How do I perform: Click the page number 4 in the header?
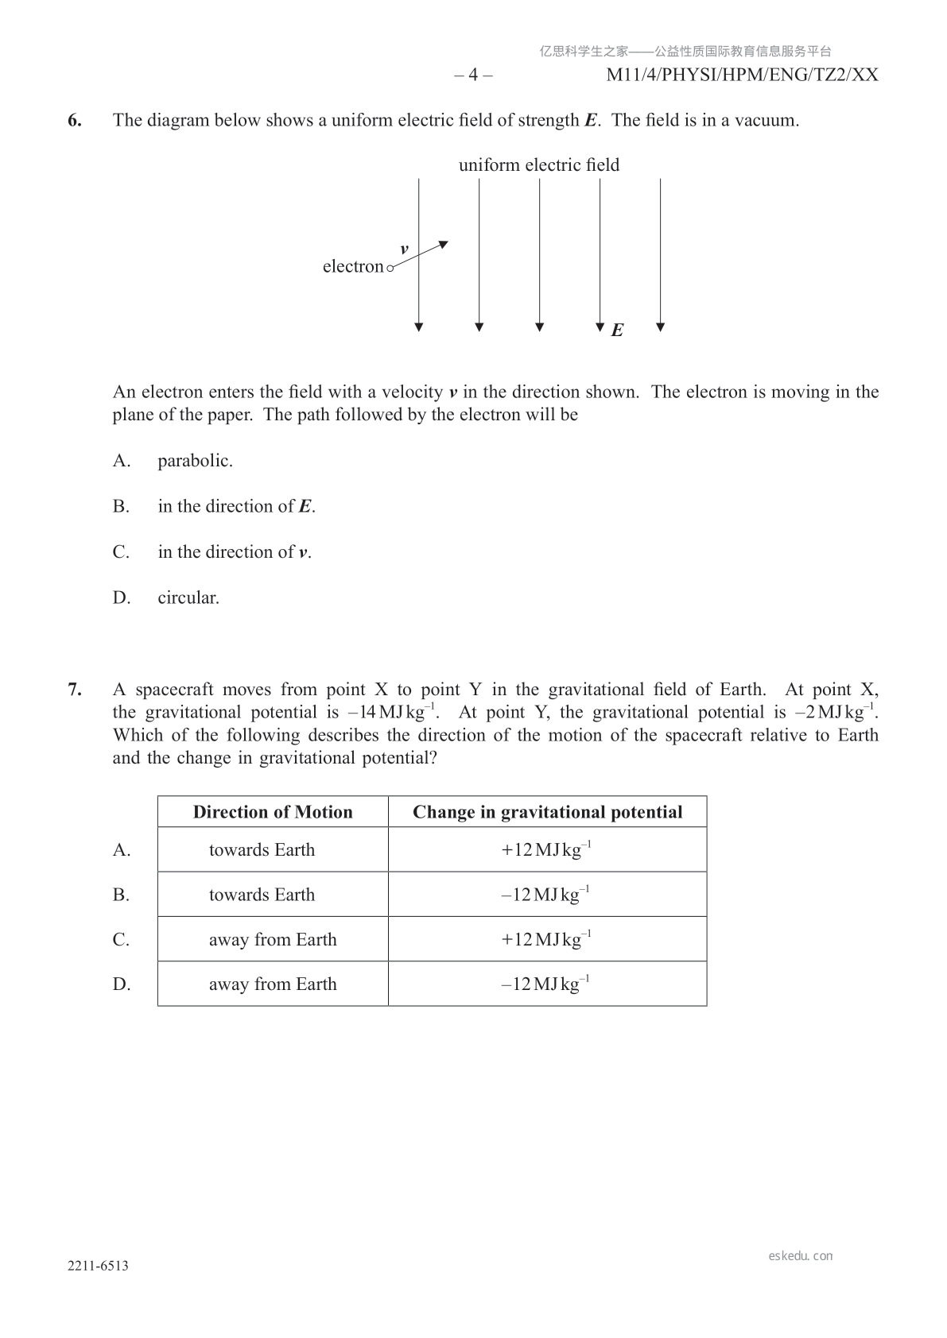click(x=473, y=75)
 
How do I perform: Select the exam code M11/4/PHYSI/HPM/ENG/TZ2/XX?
click(x=742, y=75)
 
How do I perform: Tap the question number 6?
click(x=75, y=121)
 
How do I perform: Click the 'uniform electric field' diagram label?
click(x=538, y=165)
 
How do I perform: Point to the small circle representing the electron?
click(x=390, y=269)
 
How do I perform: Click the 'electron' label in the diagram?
click(x=353, y=267)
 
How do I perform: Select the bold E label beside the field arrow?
click(x=617, y=331)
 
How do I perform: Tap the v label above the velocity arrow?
click(x=404, y=249)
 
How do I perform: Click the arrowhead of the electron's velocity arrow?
click(x=444, y=244)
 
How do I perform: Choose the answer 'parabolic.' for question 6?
click(x=195, y=461)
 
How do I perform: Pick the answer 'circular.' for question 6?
click(x=188, y=597)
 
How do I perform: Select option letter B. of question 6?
click(x=121, y=506)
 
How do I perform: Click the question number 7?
click(x=75, y=690)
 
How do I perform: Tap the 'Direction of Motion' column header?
click(x=273, y=812)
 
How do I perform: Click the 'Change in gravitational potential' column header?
click(x=547, y=812)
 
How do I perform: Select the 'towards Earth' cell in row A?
click(x=262, y=850)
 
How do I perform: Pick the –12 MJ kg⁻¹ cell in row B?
click(x=545, y=895)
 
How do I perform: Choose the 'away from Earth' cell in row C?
click(x=273, y=940)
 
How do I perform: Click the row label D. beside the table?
click(x=121, y=984)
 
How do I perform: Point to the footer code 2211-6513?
click(x=98, y=1266)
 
